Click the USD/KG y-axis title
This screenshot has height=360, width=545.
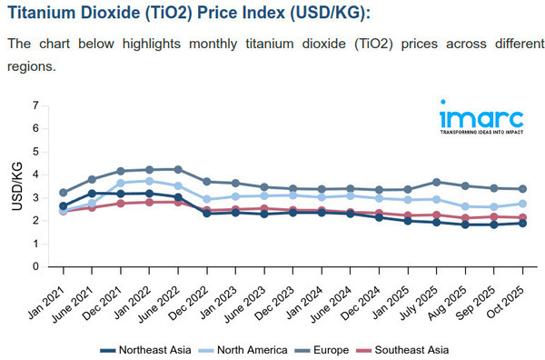[17, 186]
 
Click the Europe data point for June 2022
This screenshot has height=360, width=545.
[178, 169]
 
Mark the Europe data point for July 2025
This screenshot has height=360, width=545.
[437, 182]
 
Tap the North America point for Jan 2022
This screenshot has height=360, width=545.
[149, 181]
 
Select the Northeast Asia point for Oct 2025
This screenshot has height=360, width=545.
[523, 223]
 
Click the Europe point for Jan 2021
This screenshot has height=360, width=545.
[63, 193]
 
